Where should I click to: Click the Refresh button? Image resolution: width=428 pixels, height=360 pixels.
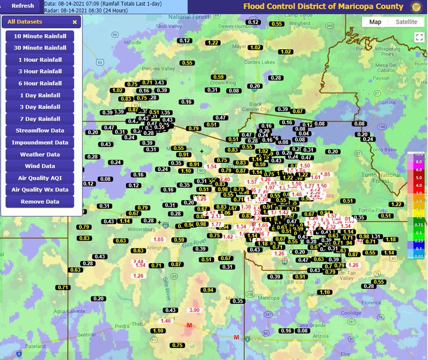[x=22, y=6]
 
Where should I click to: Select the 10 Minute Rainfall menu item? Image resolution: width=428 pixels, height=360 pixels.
[x=40, y=36]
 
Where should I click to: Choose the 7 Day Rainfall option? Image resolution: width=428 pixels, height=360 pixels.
[x=40, y=119]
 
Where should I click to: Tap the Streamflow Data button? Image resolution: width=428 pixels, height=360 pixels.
[x=40, y=130]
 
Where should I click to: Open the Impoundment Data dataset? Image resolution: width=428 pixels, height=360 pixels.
[x=40, y=142]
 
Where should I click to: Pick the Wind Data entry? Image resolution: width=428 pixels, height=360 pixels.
[x=40, y=166]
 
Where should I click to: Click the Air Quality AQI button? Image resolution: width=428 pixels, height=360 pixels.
[x=40, y=178]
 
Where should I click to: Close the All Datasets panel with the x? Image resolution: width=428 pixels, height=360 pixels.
[x=74, y=21]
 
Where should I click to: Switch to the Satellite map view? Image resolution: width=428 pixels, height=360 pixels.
[x=406, y=21]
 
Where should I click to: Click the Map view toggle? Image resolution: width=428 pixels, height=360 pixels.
[x=375, y=21]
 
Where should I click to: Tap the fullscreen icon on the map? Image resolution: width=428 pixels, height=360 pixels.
[x=417, y=37]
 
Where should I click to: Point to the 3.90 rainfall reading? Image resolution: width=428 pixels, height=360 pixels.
[x=194, y=310]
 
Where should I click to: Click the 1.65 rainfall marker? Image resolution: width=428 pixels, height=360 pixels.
[x=159, y=240]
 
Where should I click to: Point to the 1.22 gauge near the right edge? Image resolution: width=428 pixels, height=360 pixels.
[x=396, y=205]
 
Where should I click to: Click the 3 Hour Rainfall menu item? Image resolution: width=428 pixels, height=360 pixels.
[x=40, y=71]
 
